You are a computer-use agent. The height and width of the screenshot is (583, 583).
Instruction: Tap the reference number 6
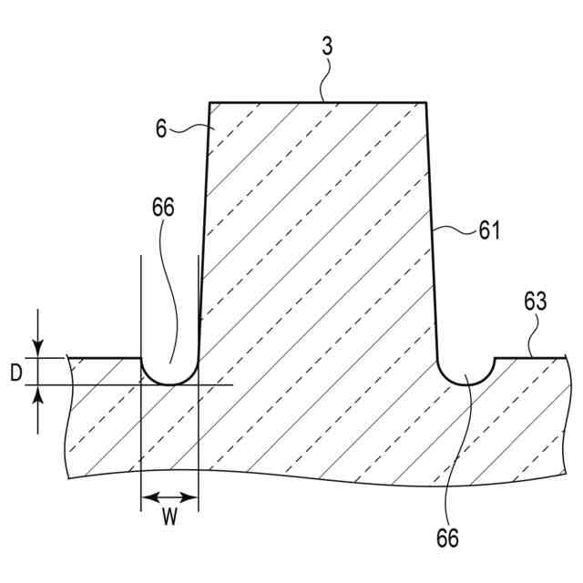161,129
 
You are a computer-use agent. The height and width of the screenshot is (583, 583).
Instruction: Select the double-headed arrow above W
169,497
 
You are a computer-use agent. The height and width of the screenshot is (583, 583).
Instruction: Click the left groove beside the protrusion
169,373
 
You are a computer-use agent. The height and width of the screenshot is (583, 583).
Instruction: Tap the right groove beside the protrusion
465,373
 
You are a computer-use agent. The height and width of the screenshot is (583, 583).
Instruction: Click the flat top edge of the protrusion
319,102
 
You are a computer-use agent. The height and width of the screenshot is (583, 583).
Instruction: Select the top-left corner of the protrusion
210,102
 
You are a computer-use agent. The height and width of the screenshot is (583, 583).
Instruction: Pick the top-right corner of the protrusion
427,102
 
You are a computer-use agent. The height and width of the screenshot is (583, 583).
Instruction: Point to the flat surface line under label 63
528,358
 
